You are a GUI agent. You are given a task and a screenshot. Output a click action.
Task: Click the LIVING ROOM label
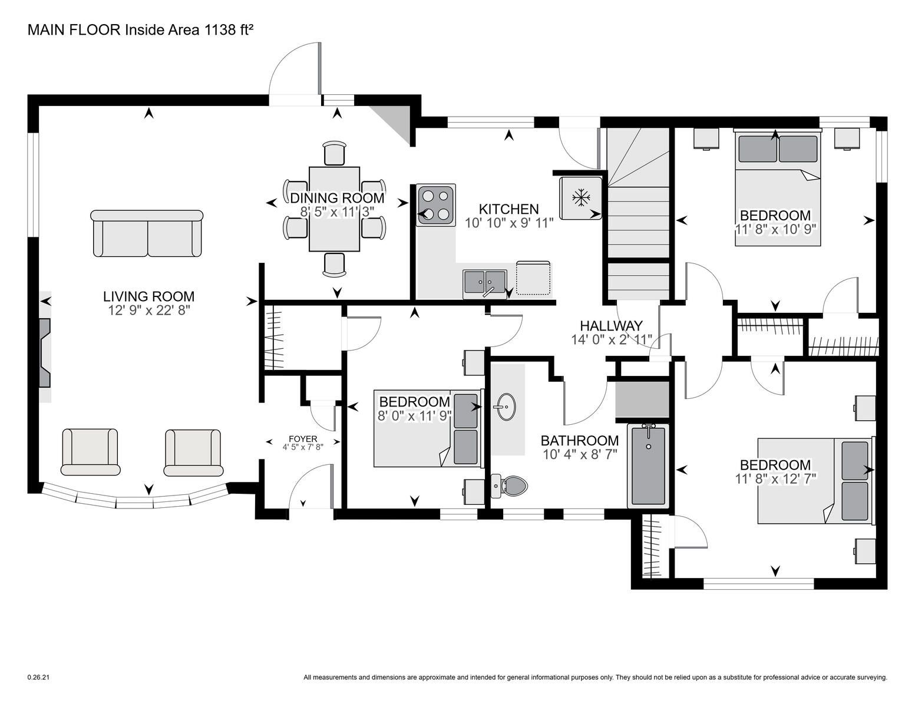tap(148, 296)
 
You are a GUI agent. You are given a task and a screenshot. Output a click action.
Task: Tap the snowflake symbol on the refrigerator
tap(581, 198)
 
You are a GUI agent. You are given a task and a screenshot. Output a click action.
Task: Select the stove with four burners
tap(436, 205)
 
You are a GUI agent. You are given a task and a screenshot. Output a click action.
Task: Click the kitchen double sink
tap(485, 283)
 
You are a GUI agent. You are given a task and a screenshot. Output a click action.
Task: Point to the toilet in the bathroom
tap(509, 486)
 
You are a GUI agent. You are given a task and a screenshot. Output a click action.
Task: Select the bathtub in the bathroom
tap(648, 465)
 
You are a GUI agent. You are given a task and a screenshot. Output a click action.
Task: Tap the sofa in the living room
tap(147, 233)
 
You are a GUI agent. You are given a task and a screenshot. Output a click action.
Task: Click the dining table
tap(334, 209)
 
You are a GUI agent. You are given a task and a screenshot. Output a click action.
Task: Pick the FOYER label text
tap(303, 439)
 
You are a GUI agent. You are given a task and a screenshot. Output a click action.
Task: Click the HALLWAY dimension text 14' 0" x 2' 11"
tap(612, 339)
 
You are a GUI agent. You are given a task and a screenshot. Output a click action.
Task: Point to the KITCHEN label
tap(508, 209)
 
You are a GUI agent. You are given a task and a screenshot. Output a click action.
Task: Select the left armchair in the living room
tap(90, 452)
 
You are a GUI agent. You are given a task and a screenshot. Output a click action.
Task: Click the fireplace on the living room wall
tap(45, 353)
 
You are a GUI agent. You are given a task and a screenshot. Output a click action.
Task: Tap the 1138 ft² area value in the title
tap(229, 29)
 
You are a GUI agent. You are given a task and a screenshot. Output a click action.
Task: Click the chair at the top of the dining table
tap(335, 153)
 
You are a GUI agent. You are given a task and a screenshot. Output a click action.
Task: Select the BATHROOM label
tap(579, 441)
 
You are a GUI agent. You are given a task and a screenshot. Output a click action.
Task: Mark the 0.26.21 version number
tap(38, 677)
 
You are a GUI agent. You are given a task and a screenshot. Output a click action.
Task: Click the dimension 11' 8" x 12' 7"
tap(775, 478)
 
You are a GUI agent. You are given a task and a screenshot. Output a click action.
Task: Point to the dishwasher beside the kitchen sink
tap(533, 278)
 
